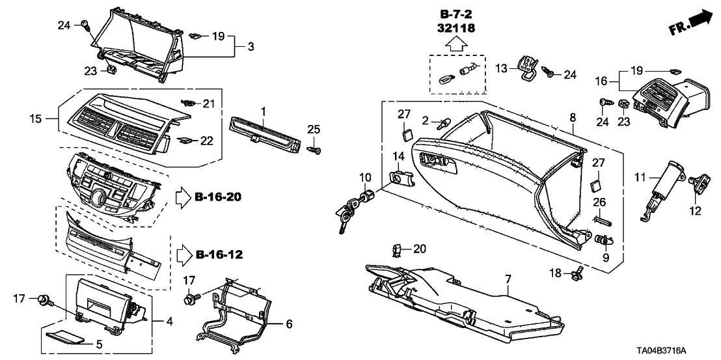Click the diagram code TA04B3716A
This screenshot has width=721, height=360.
coord(677,350)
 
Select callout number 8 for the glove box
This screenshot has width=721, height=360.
coord(573,117)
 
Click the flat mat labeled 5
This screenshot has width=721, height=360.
coord(66,337)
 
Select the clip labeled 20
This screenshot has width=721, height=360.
coord(397,249)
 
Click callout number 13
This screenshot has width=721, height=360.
coord(501,69)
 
